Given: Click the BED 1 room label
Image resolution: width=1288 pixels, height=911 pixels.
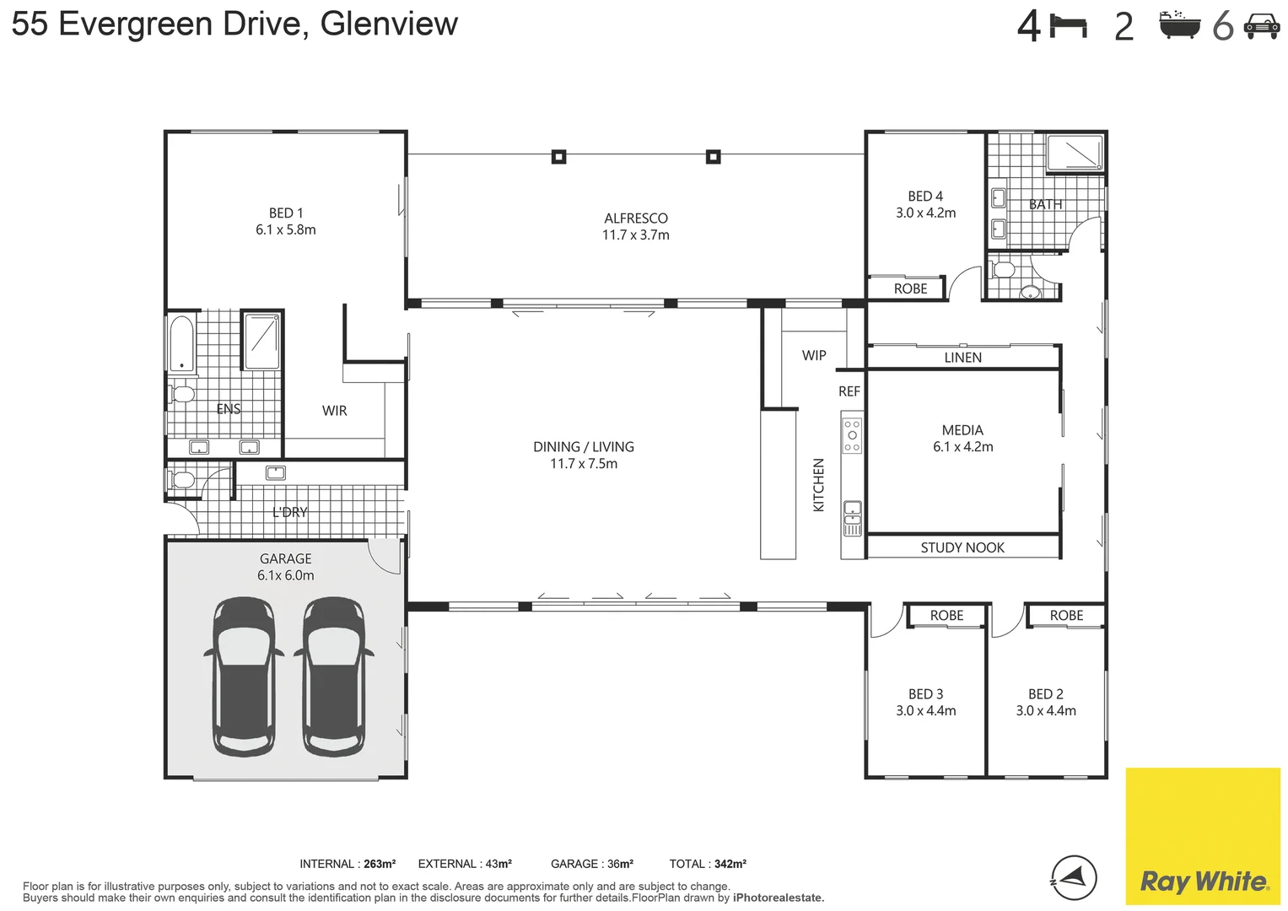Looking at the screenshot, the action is [x=286, y=213].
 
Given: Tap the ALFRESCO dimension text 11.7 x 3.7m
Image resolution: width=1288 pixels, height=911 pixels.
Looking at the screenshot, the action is [x=635, y=234].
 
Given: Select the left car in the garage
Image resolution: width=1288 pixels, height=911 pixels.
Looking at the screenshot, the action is [x=243, y=677].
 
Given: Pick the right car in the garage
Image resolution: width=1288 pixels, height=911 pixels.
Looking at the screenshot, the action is [x=334, y=677].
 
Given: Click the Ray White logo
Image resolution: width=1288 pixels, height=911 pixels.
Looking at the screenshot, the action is [x=1203, y=836].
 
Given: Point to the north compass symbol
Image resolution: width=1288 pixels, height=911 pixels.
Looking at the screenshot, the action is [x=1074, y=877].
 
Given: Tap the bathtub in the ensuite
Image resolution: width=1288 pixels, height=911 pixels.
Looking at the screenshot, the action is [x=182, y=342].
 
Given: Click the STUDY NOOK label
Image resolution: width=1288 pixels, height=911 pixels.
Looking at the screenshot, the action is [x=962, y=547].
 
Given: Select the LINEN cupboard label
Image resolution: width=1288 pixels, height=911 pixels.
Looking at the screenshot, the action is [x=962, y=357].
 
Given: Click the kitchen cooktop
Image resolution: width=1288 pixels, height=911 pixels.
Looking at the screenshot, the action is [x=852, y=435].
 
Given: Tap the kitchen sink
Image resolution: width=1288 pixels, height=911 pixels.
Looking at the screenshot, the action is [x=852, y=518].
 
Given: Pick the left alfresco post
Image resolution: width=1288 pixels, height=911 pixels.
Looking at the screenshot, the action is [x=558, y=156].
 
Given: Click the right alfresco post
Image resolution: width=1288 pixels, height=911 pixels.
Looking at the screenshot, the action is [x=713, y=156].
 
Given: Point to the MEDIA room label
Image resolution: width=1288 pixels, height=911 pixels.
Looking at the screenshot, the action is [x=962, y=429].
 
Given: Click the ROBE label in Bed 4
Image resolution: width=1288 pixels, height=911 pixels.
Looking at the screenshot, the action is [x=910, y=288].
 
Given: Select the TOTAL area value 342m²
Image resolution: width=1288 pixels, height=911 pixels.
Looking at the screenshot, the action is [x=730, y=864].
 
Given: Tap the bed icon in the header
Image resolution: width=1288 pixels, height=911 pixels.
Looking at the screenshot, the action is [x=1069, y=27].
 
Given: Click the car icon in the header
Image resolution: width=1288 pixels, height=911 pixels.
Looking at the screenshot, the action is [x=1262, y=27].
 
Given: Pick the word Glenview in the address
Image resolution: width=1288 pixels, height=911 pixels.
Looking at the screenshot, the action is [x=389, y=24].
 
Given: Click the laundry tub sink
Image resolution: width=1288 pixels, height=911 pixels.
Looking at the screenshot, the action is [x=276, y=472].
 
